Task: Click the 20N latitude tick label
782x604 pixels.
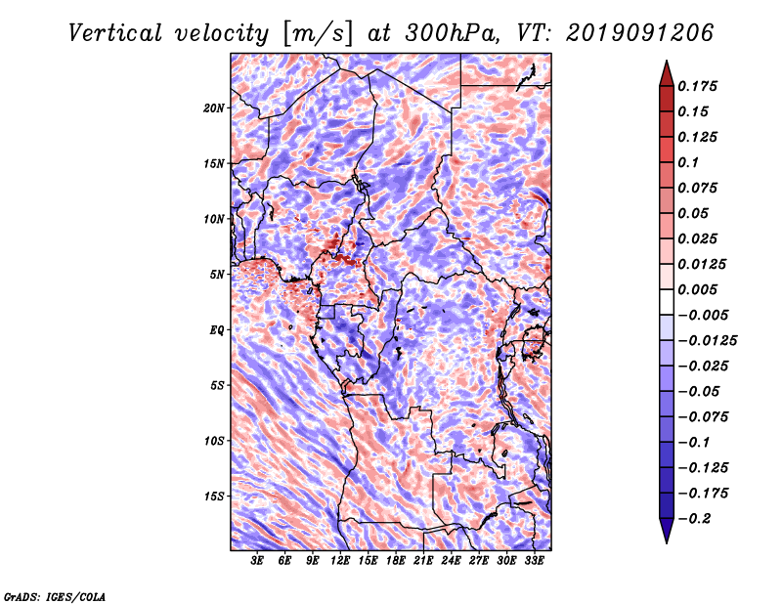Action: click(x=214, y=108)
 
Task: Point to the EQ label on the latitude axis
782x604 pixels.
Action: click(x=217, y=330)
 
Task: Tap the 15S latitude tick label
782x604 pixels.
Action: click(x=214, y=496)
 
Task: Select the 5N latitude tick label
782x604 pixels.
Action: click(x=217, y=275)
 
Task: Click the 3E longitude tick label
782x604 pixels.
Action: click(x=258, y=562)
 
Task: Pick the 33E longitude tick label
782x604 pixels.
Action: click(x=534, y=562)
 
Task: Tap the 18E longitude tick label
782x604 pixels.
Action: click(x=396, y=562)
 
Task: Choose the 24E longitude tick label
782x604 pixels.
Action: click(x=451, y=562)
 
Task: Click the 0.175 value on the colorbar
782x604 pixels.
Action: click(x=702, y=86)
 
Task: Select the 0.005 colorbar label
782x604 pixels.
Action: click(x=702, y=289)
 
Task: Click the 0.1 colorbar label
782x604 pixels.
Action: click(x=693, y=162)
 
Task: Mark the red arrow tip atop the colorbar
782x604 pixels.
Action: click(x=665, y=66)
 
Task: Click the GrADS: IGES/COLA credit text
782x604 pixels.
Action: click(x=55, y=595)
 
